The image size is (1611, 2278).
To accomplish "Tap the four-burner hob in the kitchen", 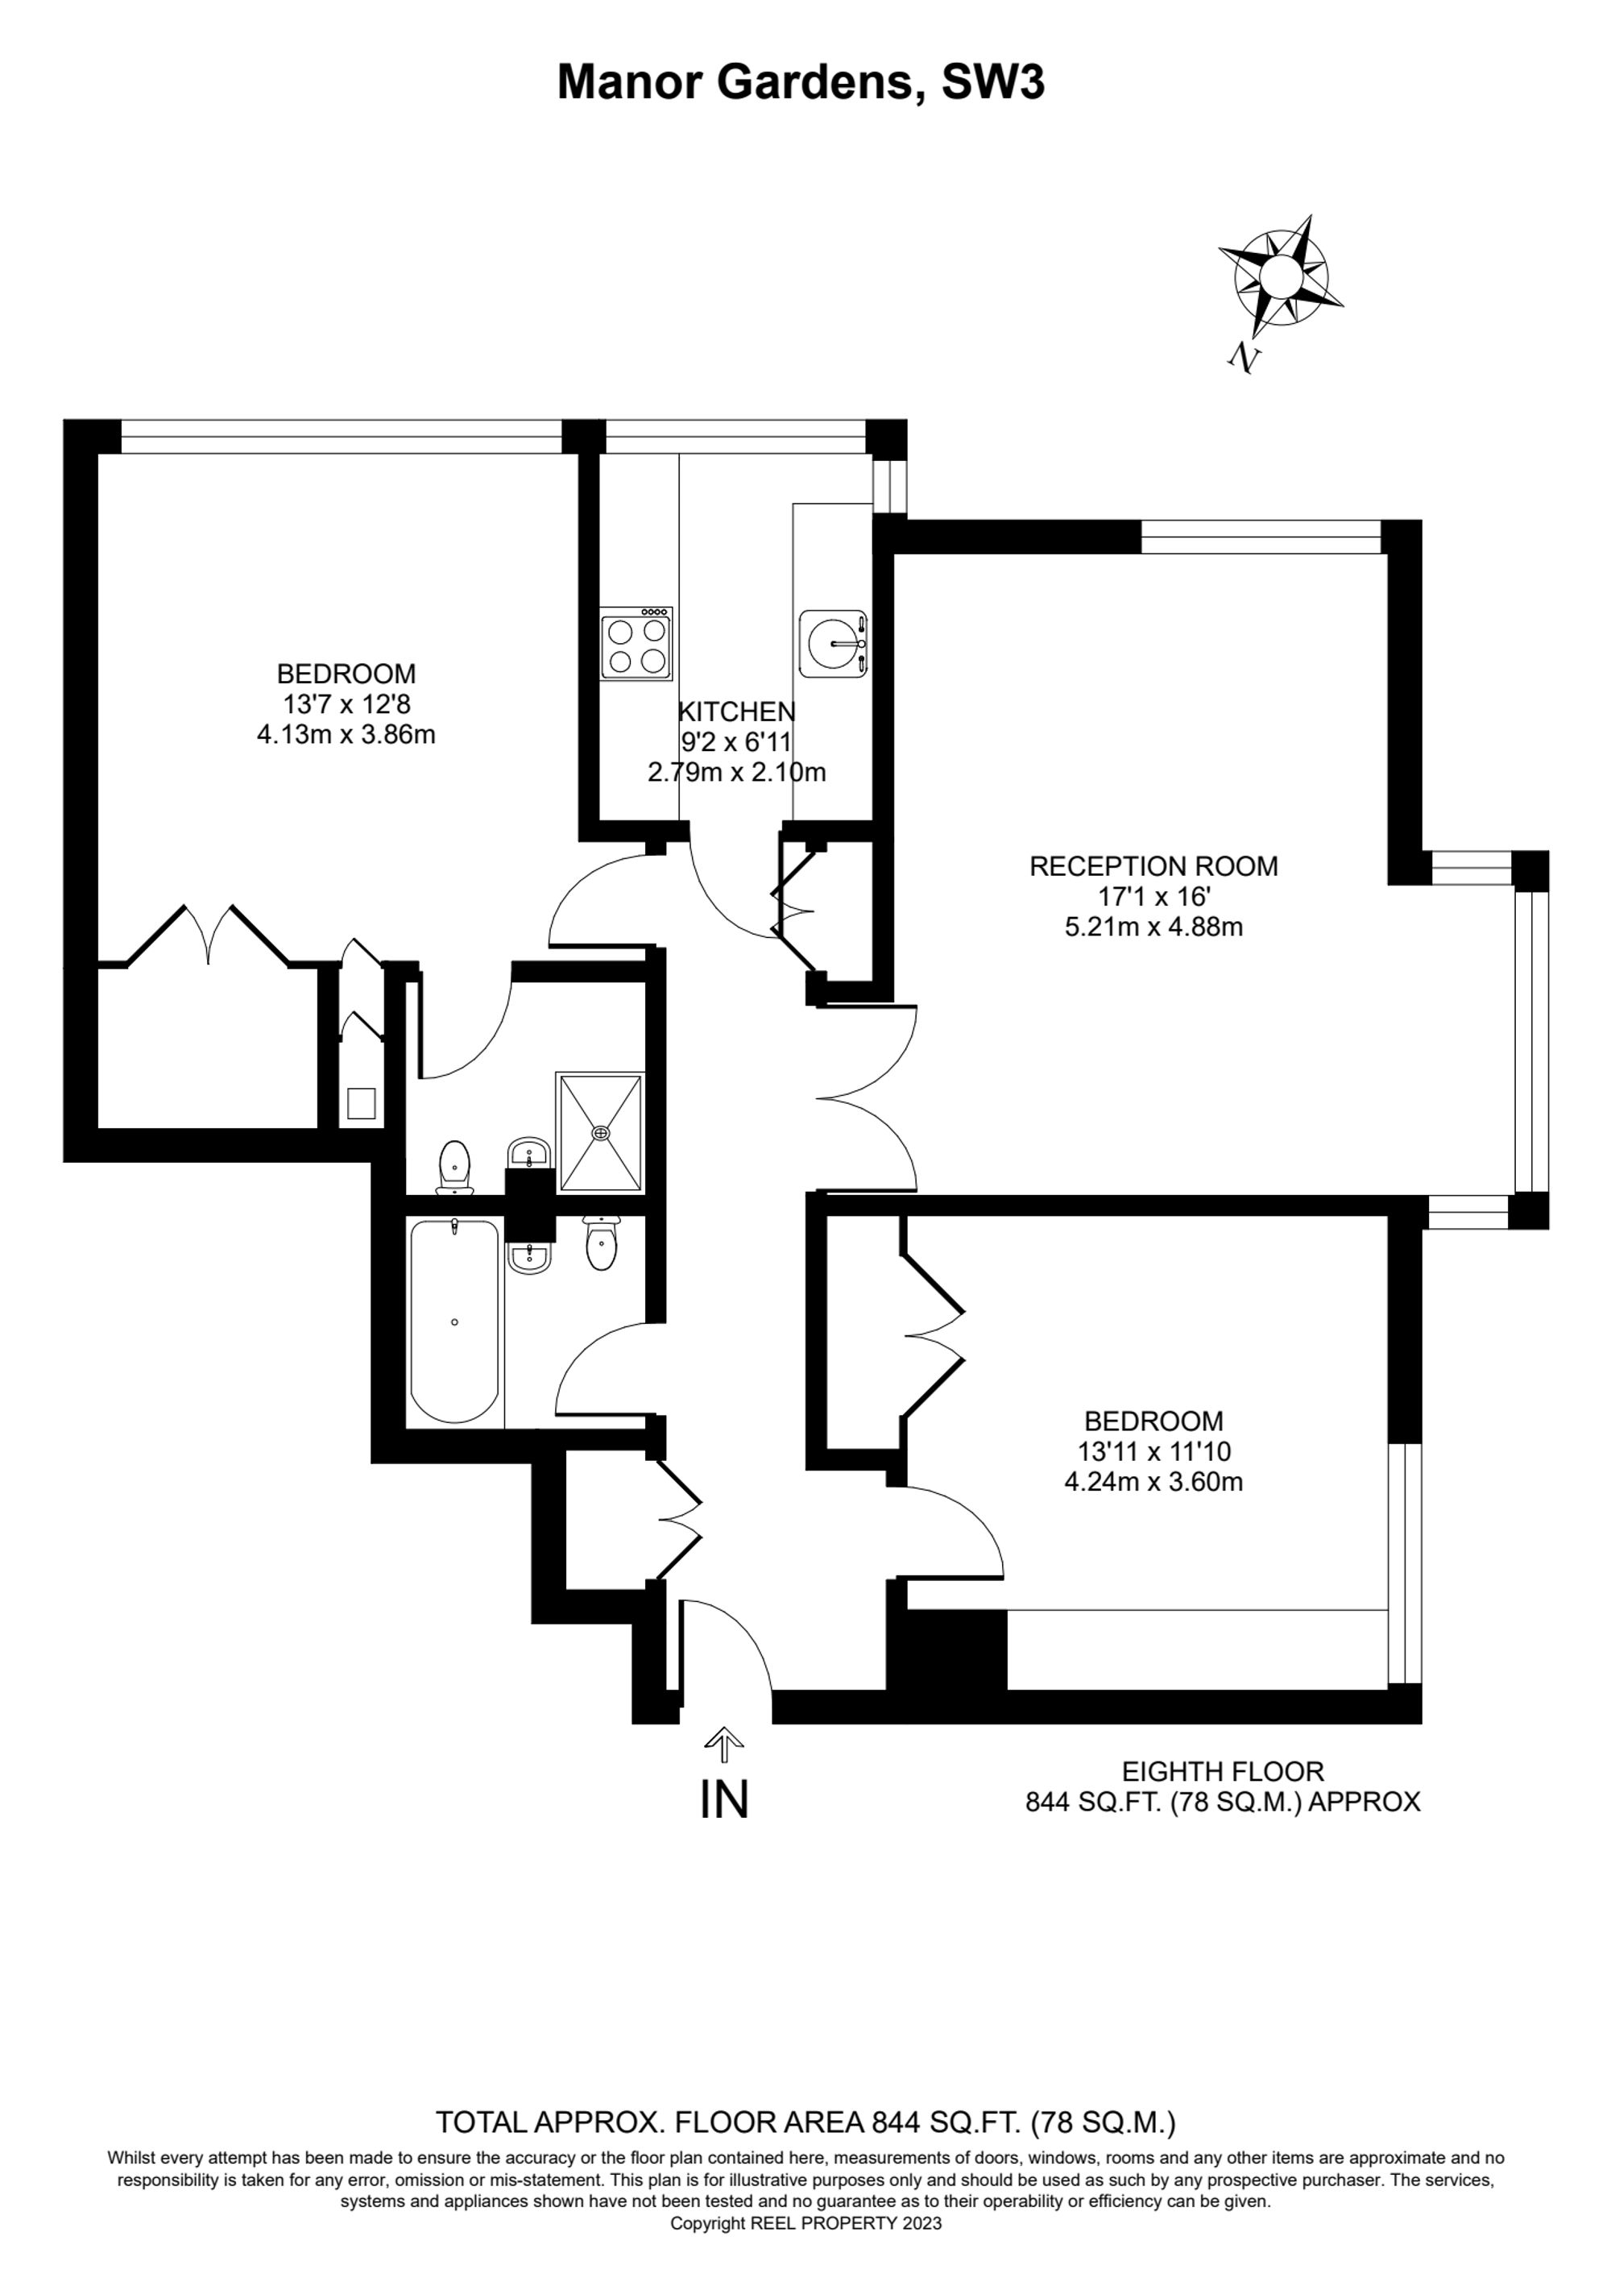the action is pyautogui.click(x=636, y=643).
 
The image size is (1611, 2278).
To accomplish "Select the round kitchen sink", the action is pyautogui.click(x=833, y=643).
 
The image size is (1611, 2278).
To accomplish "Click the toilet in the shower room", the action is pyautogui.click(x=454, y=1165).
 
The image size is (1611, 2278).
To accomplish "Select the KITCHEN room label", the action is pyautogui.click(x=736, y=712).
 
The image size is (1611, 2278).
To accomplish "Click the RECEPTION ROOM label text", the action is pyautogui.click(x=1153, y=866).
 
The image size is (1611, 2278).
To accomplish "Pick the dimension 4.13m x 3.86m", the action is pyautogui.click(x=346, y=735).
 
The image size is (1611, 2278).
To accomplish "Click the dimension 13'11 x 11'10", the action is pyautogui.click(x=1153, y=1451).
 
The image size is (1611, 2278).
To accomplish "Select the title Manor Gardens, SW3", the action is pyautogui.click(x=801, y=82).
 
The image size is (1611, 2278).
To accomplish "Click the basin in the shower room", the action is pyautogui.click(x=528, y=1154).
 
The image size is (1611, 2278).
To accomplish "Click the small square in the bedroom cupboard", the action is pyautogui.click(x=361, y=1103).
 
